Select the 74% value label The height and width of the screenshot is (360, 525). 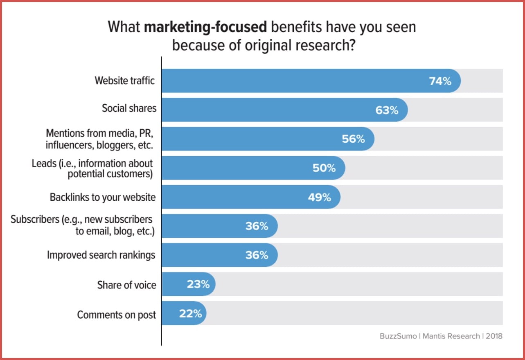[440, 81]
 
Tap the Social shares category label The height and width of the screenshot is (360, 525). [129, 108]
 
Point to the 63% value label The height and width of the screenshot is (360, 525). [387, 110]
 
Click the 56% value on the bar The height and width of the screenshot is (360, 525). [353, 139]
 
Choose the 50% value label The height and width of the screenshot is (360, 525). [324, 168]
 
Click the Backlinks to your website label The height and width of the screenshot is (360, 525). [103, 197]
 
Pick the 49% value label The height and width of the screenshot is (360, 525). [319, 197]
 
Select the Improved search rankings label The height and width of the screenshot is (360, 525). [101, 255]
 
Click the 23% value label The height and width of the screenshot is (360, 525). [198, 284]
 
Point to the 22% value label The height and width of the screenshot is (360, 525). [190, 314]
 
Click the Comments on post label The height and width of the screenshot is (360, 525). [117, 315]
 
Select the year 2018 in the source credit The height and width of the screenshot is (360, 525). [494, 336]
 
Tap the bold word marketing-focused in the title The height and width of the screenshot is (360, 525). [205, 27]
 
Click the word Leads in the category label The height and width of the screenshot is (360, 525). [44, 163]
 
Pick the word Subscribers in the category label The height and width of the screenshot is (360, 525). [35, 220]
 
